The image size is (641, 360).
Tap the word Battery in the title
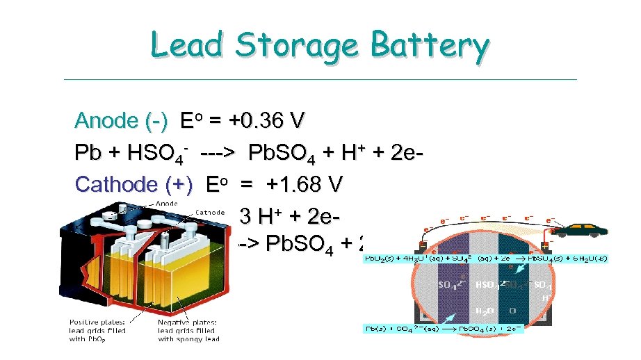click(430, 47)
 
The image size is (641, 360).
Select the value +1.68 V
click(305, 184)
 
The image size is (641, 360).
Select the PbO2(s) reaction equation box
click(486, 259)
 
